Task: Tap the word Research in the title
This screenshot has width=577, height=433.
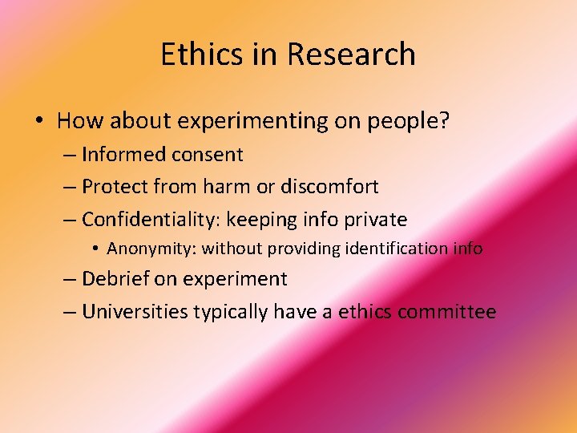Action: tap(351, 55)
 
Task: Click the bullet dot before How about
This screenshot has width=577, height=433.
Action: tap(39, 122)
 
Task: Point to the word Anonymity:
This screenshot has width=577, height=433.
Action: tap(151, 249)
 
